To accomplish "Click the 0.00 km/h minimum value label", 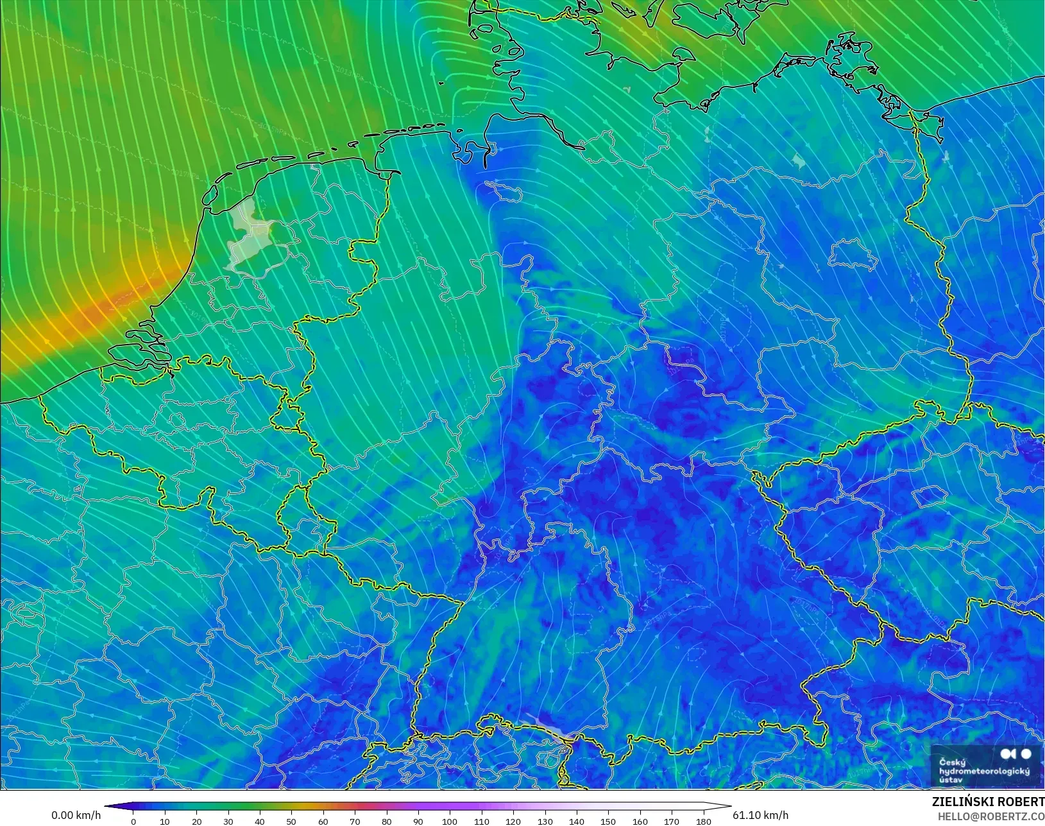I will click(x=76, y=815).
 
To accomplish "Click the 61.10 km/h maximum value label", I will click(x=760, y=815).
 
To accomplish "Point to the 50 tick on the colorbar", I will click(x=292, y=822).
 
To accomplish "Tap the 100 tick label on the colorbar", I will click(x=450, y=822).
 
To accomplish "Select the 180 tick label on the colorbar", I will click(x=703, y=822).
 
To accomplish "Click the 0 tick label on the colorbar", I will click(x=133, y=822).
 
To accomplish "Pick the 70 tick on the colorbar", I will click(x=355, y=822).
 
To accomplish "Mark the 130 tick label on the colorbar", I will click(x=545, y=822).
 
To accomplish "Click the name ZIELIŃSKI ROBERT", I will click(x=988, y=802).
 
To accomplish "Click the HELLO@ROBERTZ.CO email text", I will click(x=991, y=816).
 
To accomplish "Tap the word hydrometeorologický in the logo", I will click(x=984, y=771).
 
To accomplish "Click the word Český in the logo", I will click(x=952, y=762).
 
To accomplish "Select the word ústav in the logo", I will click(x=951, y=780).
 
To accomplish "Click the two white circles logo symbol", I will click(x=1016, y=753).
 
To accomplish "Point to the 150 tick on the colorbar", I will click(x=608, y=822).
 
